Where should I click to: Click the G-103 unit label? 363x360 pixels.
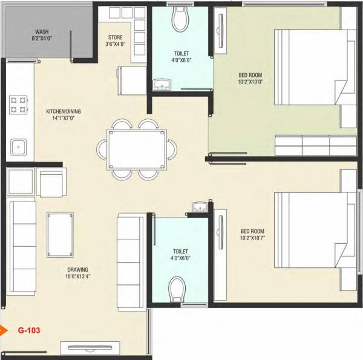click(29, 331)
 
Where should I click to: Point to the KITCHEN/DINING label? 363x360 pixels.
click(63, 111)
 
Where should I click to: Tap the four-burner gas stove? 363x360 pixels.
click(18, 105)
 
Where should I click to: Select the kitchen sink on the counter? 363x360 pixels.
click(18, 146)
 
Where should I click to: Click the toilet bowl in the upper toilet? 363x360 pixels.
click(181, 19)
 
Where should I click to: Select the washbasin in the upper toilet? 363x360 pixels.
click(163, 84)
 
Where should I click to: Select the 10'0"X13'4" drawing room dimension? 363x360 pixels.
click(78, 278)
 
